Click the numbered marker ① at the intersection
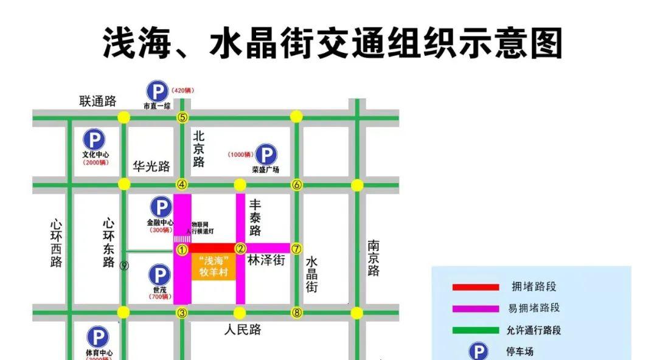tap(182, 249)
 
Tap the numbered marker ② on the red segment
tap(240, 248)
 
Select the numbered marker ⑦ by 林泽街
tap(296, 248)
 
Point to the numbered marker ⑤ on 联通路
tap(182, 117)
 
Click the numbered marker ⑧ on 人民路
tap(296, 313)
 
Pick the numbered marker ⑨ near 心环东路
tap(124, 265)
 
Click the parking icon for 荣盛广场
tap(265, 154)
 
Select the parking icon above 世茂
tap(159, 275)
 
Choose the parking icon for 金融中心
tap(161, 207)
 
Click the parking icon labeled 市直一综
tap(157, 92)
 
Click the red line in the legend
tap(475, 287)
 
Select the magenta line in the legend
tap(475, 308)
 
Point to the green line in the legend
tap(475, 330)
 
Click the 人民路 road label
tap(242, 330)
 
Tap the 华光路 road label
tap(151, 166)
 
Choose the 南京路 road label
tap(374, 258)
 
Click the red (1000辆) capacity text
tap(240, 154)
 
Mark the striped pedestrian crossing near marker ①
tap(182, 238)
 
